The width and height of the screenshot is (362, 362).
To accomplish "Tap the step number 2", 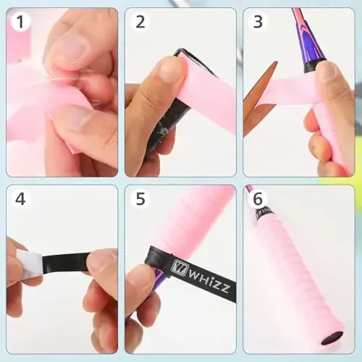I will click(140, 22).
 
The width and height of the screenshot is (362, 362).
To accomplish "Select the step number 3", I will click(258, 22).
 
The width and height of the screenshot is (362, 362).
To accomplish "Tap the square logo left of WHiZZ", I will click(177, 267).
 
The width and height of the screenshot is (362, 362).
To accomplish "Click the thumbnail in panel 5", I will click(138, 279).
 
